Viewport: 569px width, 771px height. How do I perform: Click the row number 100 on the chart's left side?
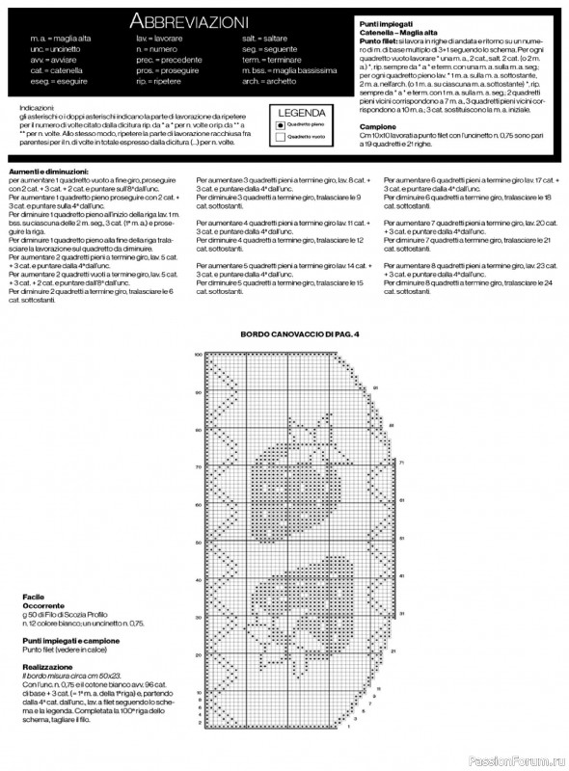pyautogui.click(x=198, y=356)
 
